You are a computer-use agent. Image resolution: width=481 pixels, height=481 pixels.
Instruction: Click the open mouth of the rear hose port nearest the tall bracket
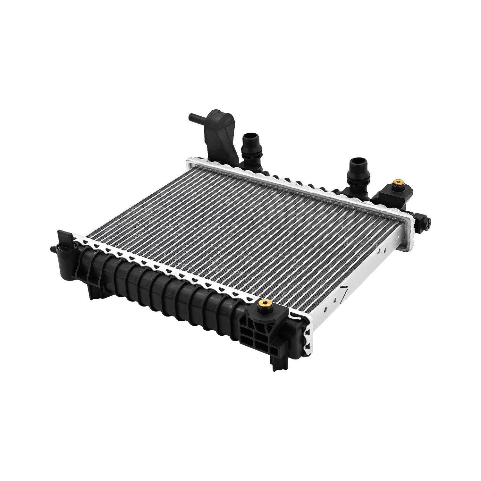[x=248, y=137]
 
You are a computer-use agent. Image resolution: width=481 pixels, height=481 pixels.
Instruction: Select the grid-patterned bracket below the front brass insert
[x=257, y=333]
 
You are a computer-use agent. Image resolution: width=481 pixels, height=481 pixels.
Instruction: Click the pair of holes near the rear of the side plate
[x=381, y=251]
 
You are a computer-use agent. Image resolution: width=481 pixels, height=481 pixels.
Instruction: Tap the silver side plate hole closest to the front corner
[x=325, y=310]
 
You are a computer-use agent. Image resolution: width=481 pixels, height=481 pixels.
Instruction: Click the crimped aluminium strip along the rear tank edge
[x=289, y=183]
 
